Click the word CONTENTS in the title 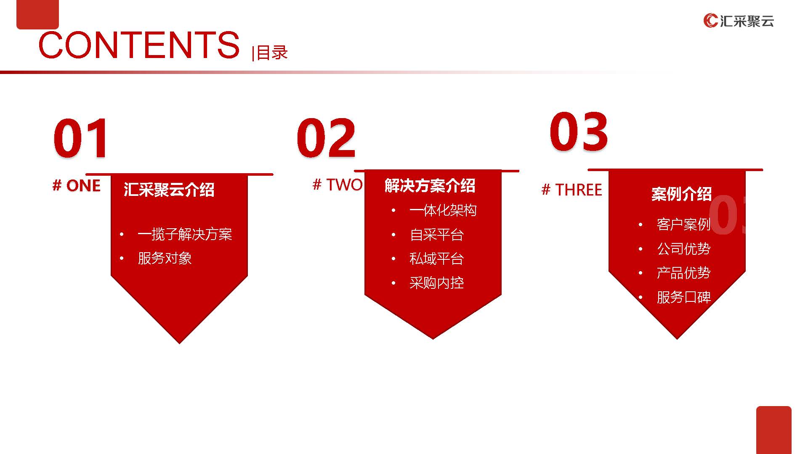coord(139,45)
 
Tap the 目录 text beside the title coord(272,53)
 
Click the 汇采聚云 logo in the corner coord(739,21)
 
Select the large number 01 coord(80,138)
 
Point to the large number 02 coord(326,138)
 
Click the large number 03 coord(579,131)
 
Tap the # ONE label coord(77,185)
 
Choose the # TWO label coord(338,185)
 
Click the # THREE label coord(571,190)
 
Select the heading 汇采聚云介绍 coord(169,190)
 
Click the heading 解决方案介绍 coord(430,185)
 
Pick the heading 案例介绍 coord(681,194)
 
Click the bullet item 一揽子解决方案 coord(185,234)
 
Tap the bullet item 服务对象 coord(165,258)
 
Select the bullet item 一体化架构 coord(443,210)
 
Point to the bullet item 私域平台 coord(436,259)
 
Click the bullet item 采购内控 coord(436,283)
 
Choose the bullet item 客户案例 coord(683,224)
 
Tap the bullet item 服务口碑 coord(683,297)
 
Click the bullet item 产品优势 coord(683,273)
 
